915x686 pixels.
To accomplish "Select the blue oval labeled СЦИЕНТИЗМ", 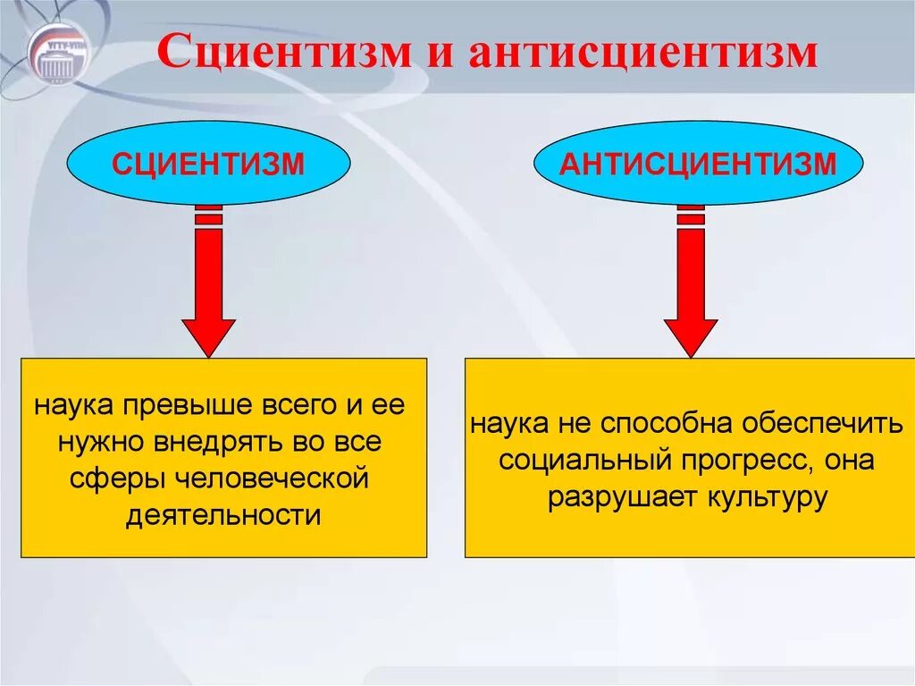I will pos(208,165).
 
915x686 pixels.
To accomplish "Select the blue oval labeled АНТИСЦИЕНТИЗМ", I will pos(699,165).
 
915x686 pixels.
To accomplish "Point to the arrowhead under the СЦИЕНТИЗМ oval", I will pos(208,335).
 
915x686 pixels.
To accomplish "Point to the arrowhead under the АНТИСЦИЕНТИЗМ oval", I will pos(690,335).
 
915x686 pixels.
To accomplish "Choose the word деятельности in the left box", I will pos(222,515).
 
